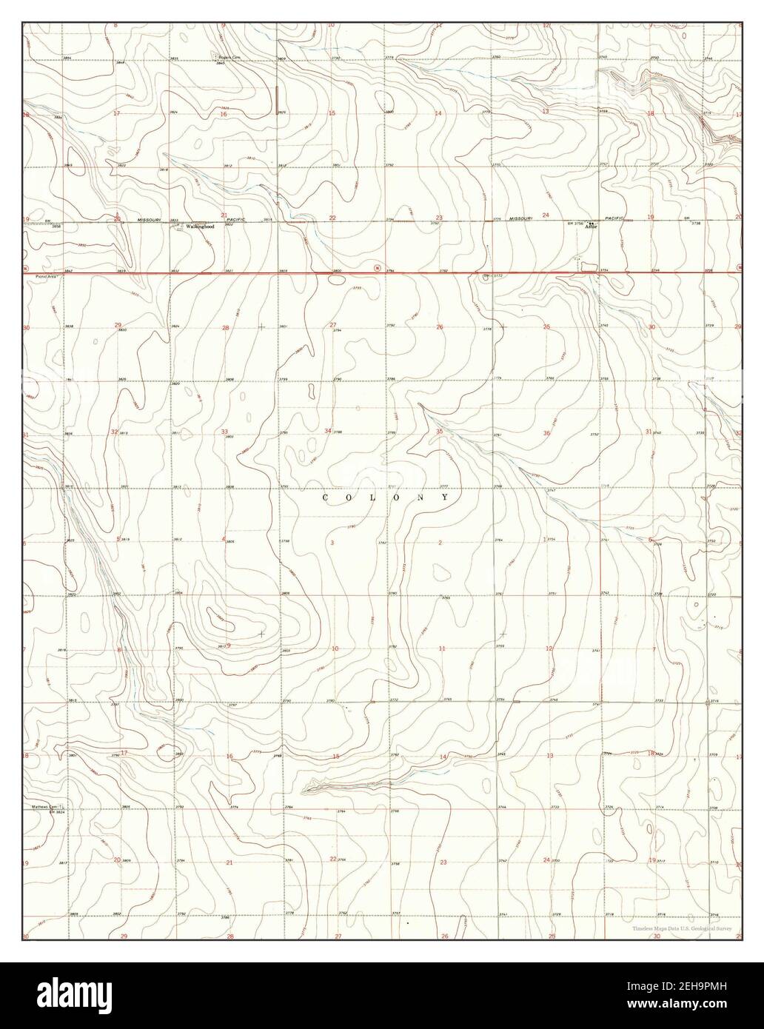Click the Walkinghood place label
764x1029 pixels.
(199, 226)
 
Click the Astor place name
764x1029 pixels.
(591, 227)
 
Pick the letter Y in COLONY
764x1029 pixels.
(444, 498)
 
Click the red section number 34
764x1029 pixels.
(328, 431)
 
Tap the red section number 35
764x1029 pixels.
(439, 431)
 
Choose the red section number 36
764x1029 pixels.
(546, 434)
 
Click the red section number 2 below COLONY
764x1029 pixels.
(440, 543)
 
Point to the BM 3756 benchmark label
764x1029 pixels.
(575, 223)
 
